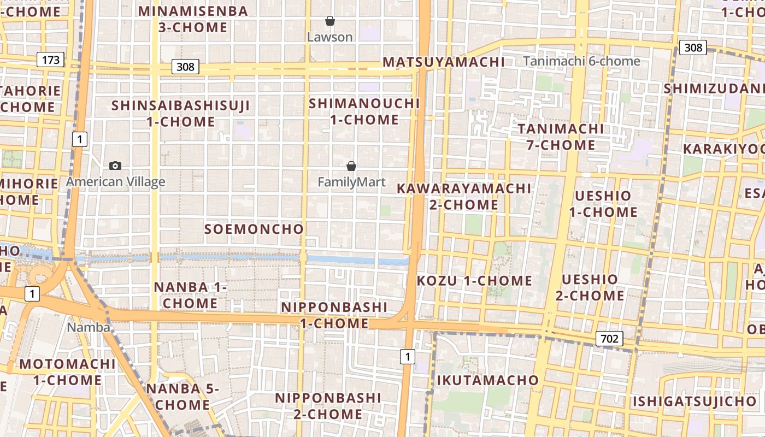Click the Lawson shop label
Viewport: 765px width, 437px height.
pyautogui.click(x=329, y=37)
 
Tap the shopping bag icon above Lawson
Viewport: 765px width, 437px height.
pyautogui.click(x=329, y=21)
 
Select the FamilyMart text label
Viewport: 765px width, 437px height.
pyautogui.click(x=351, y=182)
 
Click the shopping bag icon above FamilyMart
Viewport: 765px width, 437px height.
pyautogui.click(x=351, y=166)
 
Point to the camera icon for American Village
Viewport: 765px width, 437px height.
pyautogui.click(x=115, y=166)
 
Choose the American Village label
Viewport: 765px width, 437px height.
pyautogui.click(x=115, y=182)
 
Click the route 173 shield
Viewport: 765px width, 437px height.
pyautogui.click(x=51, y=60)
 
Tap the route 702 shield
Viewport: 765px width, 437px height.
pyautogui.click(x=609, y=339)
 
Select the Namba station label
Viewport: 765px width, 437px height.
pyautogui.click(x=89, y=328)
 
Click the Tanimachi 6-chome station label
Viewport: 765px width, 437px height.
pyautogui.click(x=581, y=61)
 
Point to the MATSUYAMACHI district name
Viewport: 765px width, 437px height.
pyautogui.click(x=444, y=62)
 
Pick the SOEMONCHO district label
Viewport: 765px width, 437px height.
pyautogui.click(x=254, y=229)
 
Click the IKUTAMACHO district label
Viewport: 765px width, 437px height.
pyautogui.click(x=488, y=380)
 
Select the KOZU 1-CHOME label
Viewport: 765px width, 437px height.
pyautogui.click(x=474, y=281)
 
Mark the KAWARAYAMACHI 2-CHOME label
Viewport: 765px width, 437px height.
pyautogui.click(x=464, y=197)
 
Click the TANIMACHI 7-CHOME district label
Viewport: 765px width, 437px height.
pyautogui.click(x=561, y=137)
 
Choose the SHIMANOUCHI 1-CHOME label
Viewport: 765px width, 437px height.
pyautogui.click(x=364, y=111)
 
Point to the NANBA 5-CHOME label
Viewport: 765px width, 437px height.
pyautogui.click(x=183, y=397)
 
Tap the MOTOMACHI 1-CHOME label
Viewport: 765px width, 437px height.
pyautogui.click(x=68, y=372)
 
